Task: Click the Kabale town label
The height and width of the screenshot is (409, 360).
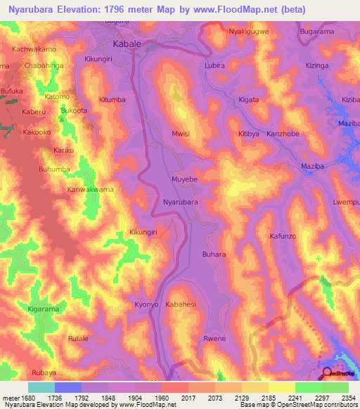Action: [x=127, y=44]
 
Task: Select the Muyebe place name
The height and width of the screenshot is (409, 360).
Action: [x=185, y=180]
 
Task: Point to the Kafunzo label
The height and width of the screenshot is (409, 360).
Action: [x=285, y=237]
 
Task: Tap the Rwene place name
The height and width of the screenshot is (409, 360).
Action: [x=214, y=339]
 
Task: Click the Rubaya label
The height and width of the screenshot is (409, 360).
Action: [x=25, y=373]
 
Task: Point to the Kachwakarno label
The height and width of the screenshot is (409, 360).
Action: [x=33, y=49]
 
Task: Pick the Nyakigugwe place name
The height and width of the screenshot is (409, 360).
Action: [x=249, y=32]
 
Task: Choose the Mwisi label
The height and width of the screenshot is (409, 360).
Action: [x=181, y=133]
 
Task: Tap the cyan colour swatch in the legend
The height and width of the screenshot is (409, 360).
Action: [x=41, y=387]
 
